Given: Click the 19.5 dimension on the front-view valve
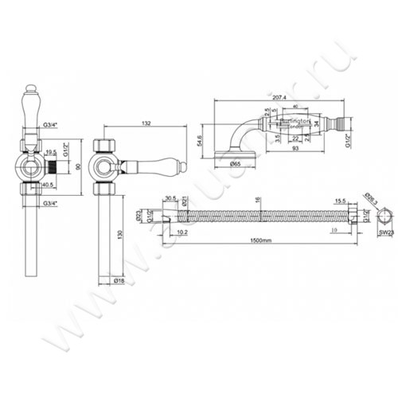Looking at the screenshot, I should click(50, 150).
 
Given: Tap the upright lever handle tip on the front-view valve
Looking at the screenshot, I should click(31, 87).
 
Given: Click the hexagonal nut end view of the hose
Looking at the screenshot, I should click(384, 216).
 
